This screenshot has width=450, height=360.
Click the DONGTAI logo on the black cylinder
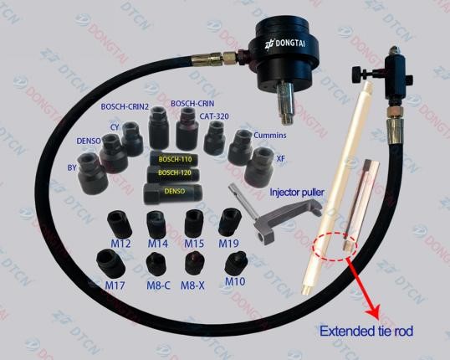(284, 44)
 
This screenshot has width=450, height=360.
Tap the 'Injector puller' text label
(297, 193)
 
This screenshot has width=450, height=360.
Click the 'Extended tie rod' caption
(366, 331)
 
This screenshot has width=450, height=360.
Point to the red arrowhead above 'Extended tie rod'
(374, 312)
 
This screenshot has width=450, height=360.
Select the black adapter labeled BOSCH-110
(175, 158)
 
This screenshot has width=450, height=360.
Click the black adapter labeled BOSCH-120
(173, 173)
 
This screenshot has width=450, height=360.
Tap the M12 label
(120, 244)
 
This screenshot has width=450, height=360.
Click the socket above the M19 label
(229, 222)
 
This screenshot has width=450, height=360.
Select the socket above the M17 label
(110, 264)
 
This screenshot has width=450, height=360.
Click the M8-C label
(158, 285)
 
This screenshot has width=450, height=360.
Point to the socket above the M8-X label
(195, 263)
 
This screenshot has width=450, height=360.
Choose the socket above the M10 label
(236, 263)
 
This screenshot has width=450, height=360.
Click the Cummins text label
(270, 135)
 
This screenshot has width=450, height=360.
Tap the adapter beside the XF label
(259, 164)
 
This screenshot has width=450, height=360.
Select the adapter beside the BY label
(93, 173)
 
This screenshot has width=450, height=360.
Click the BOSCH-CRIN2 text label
(125, 106)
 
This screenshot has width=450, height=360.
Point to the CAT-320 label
(214, 116)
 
